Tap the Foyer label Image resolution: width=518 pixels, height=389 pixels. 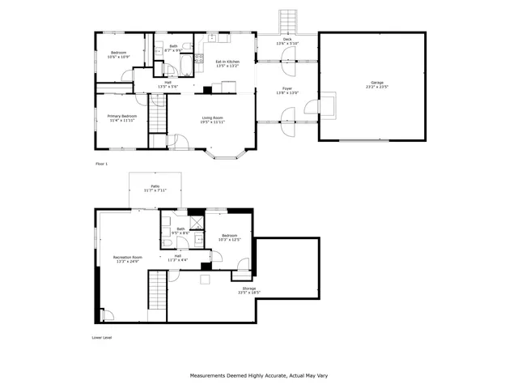tap(287, 89)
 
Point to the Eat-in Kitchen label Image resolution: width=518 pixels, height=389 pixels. tap(227, 62)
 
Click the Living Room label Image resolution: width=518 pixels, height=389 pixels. tap(212, 118)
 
